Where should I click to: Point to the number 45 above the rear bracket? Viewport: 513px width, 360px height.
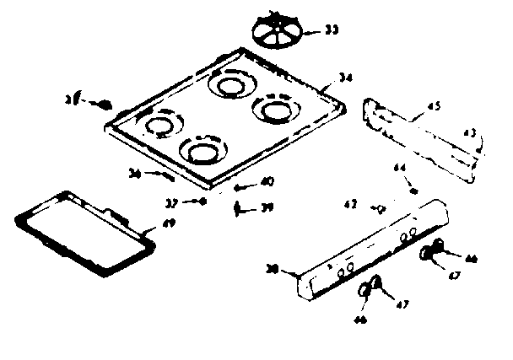(433, 106)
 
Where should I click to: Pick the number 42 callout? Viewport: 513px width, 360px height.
(350, 204)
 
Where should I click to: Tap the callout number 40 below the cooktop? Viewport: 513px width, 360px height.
(266, 180)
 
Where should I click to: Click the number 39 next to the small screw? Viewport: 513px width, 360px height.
(267, 207)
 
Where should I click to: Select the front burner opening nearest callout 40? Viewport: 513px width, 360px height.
(202, 152)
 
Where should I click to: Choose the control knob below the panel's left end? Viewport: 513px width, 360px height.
(370, 288)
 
